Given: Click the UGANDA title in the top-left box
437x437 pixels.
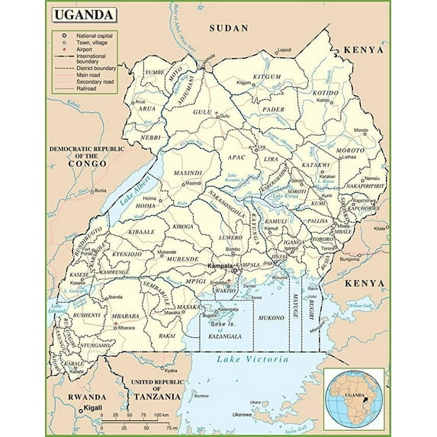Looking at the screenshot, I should coord(84,14).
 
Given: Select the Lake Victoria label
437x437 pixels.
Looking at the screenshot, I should coord(252,358).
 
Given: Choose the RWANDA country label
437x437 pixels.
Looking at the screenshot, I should coord(85,397).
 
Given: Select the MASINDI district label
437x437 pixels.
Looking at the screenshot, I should coord(188,173).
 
